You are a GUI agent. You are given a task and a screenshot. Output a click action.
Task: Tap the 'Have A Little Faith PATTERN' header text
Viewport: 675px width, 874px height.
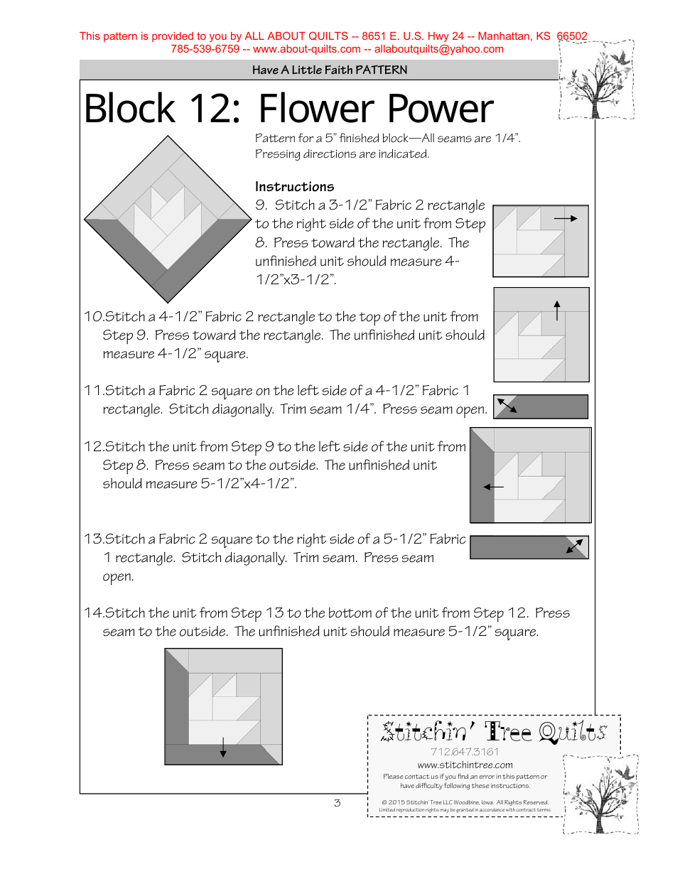coord(330,70)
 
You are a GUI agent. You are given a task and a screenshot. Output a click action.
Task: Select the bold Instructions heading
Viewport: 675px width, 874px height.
coord(294,187)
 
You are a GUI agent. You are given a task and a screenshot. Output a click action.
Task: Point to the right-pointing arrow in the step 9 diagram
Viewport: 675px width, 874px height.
coord(566,219)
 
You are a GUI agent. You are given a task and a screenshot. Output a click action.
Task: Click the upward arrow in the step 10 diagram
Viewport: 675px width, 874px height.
coord(557,311)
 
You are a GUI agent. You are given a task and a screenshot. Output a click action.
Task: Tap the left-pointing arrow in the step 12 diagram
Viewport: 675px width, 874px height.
coord(492,487)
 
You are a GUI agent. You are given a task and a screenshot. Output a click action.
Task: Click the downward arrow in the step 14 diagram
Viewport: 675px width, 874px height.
coord(223,748)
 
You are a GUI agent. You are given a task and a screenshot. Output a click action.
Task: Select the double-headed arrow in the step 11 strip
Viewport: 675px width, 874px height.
coord(507,406)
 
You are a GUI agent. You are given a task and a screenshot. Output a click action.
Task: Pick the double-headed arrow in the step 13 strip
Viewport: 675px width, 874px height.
coord(575,546)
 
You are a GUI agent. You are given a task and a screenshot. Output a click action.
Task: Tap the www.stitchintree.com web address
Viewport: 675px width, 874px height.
coord(465,765)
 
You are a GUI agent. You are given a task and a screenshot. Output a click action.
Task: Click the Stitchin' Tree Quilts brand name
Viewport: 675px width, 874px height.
coord(494,732)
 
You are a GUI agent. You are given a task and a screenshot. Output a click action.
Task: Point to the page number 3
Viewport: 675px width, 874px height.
coord(337,804)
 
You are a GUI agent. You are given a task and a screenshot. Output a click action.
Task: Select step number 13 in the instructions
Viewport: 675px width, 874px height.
coord(93,539)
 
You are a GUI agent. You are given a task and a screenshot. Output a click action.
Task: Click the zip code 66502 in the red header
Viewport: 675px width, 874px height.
coord(572,36)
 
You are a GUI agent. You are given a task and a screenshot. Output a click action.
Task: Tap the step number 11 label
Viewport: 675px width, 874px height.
coord(93,391)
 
